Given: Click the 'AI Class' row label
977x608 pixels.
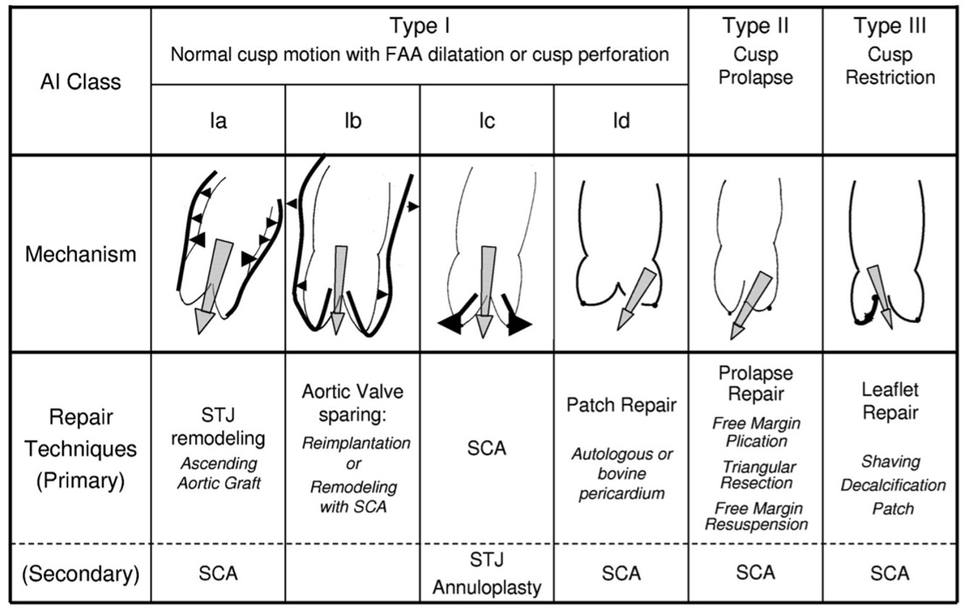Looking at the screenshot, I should [x=80, y=82].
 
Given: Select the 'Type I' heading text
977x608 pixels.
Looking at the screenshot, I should [x=419, y=27].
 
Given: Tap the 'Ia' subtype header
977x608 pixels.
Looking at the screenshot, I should [x=218, y=121].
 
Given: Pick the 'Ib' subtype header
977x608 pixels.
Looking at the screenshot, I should [x=352, y=121].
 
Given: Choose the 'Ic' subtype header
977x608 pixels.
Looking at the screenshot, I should [x=486, y=121].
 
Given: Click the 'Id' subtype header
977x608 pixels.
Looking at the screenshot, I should [x=621, y=121].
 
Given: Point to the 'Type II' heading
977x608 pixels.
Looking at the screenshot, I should [x=755, y=27].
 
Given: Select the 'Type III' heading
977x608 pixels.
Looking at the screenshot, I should [x=889, y=27].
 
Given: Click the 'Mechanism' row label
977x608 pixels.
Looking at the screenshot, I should [x=80, y=254].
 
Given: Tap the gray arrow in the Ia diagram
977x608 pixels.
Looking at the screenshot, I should [x=213, y=282].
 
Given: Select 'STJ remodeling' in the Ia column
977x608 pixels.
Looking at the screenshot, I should [x=218, y=426].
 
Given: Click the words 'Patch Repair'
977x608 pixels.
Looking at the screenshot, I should [x=621, y=405].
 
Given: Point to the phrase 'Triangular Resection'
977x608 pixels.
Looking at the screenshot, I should [x=756, y=475].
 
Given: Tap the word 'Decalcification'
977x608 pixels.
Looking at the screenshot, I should [x=892, y=485].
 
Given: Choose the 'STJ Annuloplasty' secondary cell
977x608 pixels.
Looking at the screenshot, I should [x=486, y=573].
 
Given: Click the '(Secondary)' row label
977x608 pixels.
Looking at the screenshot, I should [x=80, y=574].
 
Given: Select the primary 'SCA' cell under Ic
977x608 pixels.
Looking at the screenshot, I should [x=486, y=449].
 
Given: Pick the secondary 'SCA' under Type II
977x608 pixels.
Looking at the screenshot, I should [x=755, y=573].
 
